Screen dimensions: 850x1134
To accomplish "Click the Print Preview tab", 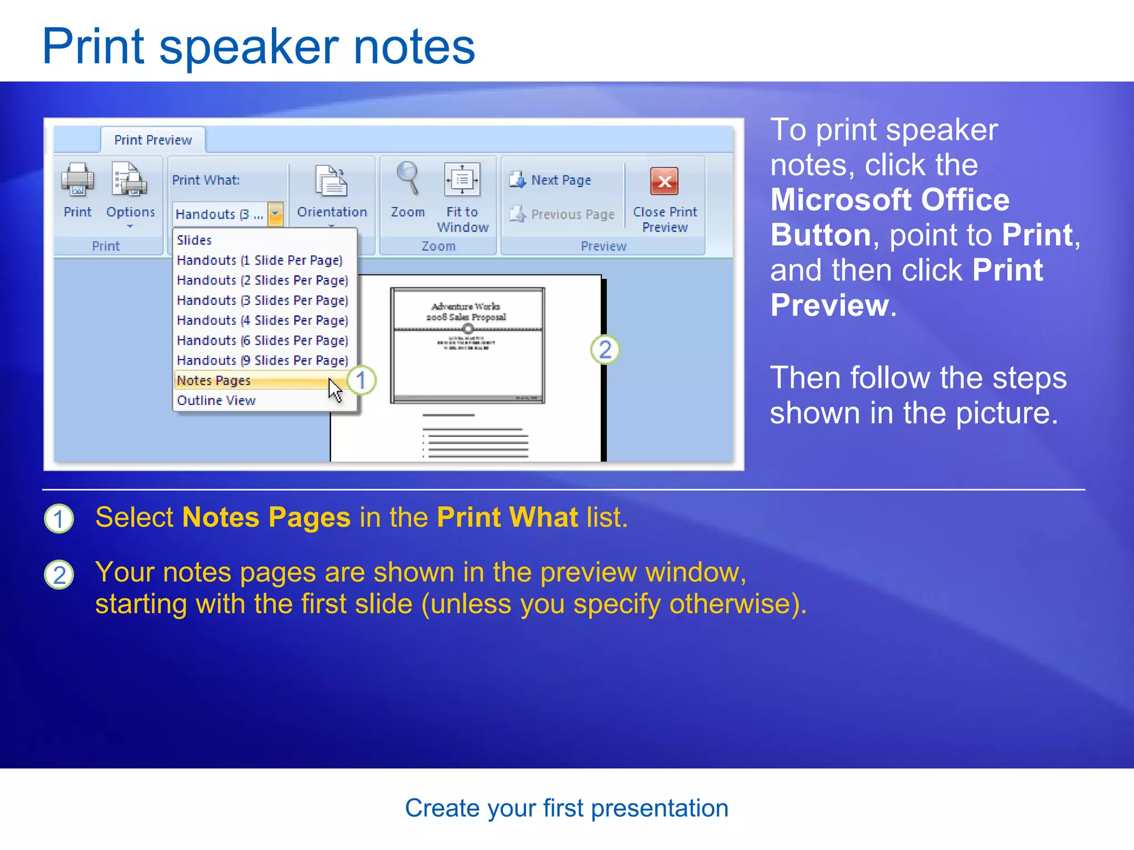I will click(153, 140).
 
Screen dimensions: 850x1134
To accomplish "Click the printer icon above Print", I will click(77, 180).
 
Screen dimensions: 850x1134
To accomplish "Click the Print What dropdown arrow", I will click(275, 214).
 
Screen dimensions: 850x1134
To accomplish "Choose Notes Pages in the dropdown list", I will click(214, 381).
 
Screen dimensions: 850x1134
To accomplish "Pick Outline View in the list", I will click(216, 401).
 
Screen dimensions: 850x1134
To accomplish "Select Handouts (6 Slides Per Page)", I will click(262, 340).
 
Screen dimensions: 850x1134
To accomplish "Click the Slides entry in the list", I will click(194, 240).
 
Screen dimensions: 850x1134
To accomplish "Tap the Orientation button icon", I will click(332, 181).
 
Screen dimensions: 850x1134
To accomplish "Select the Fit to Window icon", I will click(462, 180).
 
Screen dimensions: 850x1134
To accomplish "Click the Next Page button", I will click(550, 180).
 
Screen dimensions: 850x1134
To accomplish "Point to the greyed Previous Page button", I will click(562, 214).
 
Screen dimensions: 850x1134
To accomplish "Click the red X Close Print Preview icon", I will click(664, 181).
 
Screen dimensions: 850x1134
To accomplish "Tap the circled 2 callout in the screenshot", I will click(605, 350).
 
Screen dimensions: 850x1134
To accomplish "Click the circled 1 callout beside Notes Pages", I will click(361, 381).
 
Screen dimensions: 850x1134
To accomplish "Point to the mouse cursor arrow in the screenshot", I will click(334, 390).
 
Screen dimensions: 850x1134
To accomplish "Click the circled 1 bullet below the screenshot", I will click(59, 519).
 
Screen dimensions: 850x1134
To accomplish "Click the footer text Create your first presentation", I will click(566, 808).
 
